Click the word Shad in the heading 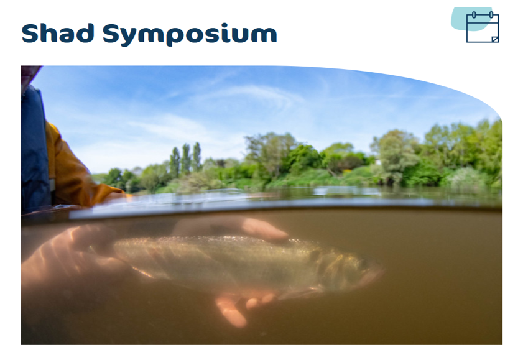coord(57,33)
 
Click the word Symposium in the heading coord(190,34)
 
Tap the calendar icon coord(483,27)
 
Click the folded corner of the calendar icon coord(495,39)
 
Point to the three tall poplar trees coord(186,160)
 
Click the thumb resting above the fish coord(264,229)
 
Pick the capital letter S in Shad coord(31,33)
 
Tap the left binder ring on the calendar coord(474,15)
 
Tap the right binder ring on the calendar coord(491,15)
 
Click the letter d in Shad coord(85,33)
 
